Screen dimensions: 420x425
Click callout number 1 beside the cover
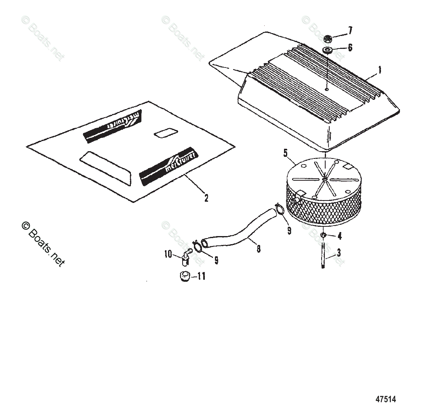379,70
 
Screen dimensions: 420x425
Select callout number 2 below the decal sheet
206,198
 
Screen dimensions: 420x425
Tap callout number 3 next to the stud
339,253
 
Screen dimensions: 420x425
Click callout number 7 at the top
350,30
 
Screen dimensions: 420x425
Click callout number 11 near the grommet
201,276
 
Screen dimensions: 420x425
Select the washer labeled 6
327,50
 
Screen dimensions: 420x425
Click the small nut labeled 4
323,235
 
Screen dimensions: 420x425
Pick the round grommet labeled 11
185,277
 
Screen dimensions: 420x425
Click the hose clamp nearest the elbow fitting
198,246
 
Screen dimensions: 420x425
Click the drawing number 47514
385,399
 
